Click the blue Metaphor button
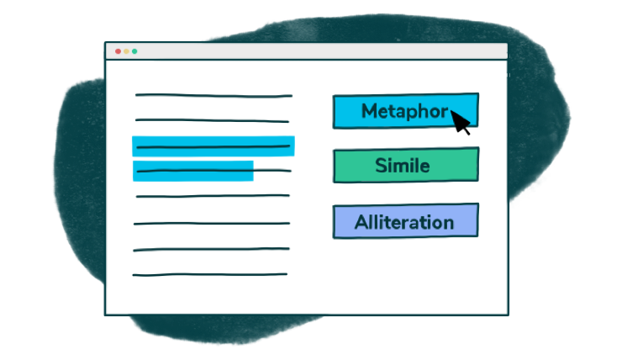(395, 111)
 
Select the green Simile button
(405, 165)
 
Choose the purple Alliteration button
(405, 221)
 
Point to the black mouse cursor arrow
(461, 122)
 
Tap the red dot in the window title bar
(118, 51)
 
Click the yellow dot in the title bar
(126, 51)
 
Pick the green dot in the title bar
(134, 51)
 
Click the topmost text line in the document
(213, 95)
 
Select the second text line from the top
(213, 119)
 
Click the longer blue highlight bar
(213, 146)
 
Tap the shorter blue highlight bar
(193, 171)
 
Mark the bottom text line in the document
(210, 274)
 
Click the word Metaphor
(404, 111)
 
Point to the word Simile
(403, 166)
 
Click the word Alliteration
(404, 223)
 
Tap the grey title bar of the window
(319, 51)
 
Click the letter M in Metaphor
(369, 111)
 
